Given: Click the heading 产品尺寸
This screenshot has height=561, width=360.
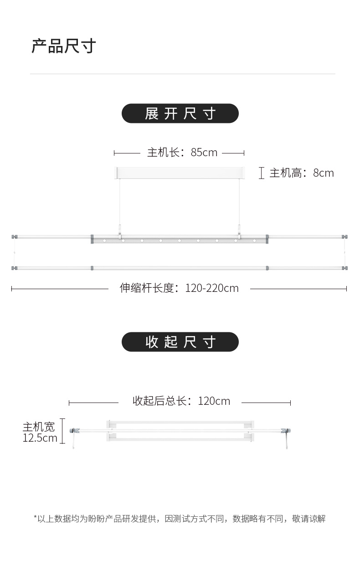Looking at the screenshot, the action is [x=63, y=46].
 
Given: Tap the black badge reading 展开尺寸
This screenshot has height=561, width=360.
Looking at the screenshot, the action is [x=180, y=113].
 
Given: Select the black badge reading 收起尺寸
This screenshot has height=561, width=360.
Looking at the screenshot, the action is [x=180, y=342].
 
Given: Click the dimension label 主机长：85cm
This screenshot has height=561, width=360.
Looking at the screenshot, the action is [x=182, y=153].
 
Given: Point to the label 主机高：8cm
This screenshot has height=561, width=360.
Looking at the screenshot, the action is [x=301, y=173].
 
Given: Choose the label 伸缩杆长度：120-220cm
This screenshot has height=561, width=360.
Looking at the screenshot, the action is [x=179, y=288].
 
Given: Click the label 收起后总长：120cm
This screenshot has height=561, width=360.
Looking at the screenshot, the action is [x=181, y=401].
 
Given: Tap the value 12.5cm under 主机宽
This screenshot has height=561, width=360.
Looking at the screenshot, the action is [x=40, y=438].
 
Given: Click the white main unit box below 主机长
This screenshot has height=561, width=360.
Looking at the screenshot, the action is [x=180, y=173].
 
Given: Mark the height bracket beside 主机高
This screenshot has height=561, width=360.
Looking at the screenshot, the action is [x=262, y=173].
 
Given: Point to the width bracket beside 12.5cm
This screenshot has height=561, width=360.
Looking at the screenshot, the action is [x=62, y=431].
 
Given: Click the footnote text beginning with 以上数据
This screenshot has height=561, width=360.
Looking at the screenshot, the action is [x=180, y=519].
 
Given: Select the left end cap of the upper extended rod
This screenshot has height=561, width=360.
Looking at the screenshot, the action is [x=15, y=237].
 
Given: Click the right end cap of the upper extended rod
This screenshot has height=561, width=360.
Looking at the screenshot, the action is [x=345, y=237].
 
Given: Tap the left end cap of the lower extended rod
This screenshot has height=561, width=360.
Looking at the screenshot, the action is [x=15, y=268].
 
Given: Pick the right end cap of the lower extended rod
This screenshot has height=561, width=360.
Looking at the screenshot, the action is [x=345, y=268].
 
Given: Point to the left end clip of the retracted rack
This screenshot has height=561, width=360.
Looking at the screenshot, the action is [x=72, y=431].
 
